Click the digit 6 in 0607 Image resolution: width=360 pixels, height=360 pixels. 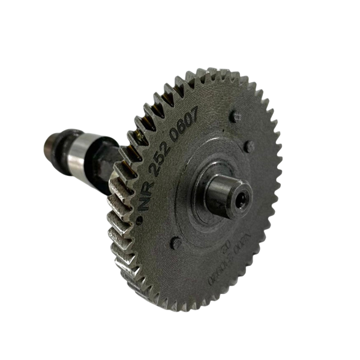point(185,126)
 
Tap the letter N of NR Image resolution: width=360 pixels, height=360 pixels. point(144,201)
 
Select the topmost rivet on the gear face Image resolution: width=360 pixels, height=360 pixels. point(235,116)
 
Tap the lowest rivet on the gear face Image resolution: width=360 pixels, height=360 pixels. point(175,243)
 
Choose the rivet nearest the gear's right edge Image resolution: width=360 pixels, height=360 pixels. point(249,146)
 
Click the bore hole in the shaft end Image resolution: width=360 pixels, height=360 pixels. point(241,202)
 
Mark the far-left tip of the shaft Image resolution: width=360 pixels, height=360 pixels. point(47,142)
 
